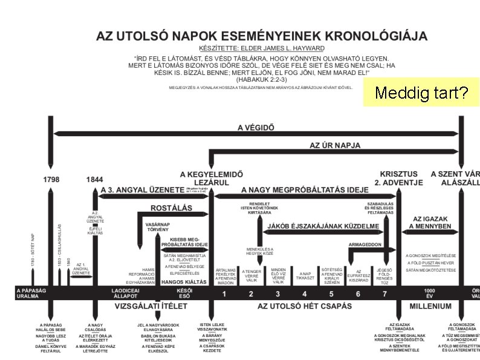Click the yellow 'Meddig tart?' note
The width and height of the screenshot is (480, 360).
click(421, 93)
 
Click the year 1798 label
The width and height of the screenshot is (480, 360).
click(51, 179)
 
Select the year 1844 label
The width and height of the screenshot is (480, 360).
click(94, 179)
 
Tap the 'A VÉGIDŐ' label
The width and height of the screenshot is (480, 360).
click(256, 127)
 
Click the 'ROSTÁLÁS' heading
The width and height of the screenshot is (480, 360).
click(172, 208)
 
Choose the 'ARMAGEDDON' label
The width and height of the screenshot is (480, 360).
click(365, 244)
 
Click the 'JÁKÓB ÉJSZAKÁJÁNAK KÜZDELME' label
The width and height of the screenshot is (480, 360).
click(323, 226)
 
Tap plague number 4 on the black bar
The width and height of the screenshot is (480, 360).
click(305, 294)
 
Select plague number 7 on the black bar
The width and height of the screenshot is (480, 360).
click(384, 294)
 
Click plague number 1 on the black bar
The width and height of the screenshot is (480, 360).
click(224, 294)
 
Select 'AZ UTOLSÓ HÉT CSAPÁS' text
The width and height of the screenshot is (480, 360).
click(305, 306)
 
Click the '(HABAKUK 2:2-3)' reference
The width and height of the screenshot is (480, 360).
click(262, 79)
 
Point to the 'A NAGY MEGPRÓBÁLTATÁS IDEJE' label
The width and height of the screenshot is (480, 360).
click(305, 189)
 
